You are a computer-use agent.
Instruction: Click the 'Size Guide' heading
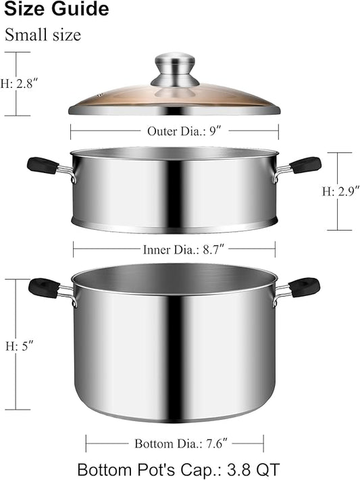(x=57, y=9)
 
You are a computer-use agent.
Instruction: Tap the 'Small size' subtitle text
(x=43, y=34)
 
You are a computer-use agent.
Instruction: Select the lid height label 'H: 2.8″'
(x=19, y=84)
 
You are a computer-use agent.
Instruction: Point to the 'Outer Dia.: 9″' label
(x=184, y=131)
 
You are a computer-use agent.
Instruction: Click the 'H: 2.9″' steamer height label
(x=340, y=191)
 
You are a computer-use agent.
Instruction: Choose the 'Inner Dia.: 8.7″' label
(x=184, y=249)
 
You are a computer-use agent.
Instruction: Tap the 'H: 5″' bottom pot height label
(x=19, y=347)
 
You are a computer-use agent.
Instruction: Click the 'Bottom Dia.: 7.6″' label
(x=181, y=443)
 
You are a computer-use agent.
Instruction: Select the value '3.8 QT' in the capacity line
(x=253, y=470)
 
